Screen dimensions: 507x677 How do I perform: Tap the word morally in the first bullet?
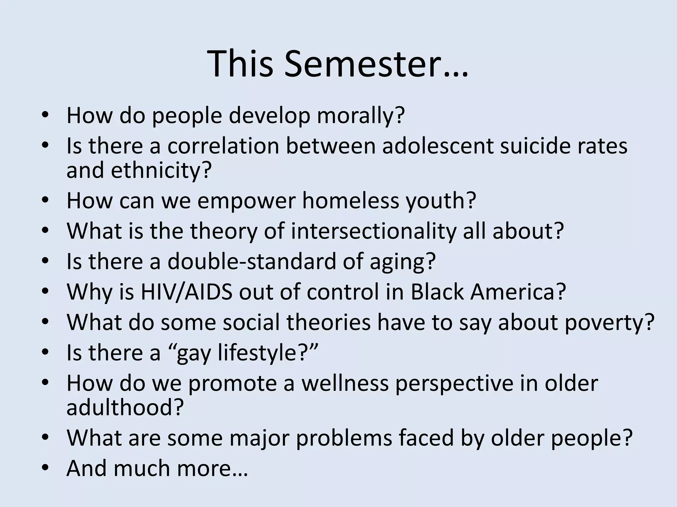361,116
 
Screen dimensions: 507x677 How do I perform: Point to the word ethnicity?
161,171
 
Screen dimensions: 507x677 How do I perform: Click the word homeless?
350,200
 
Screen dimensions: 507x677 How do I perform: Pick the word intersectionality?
373,231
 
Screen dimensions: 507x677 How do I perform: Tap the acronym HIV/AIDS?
186,292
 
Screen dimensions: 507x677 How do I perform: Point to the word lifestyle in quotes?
264,353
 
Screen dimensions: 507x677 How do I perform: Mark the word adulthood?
125,408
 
